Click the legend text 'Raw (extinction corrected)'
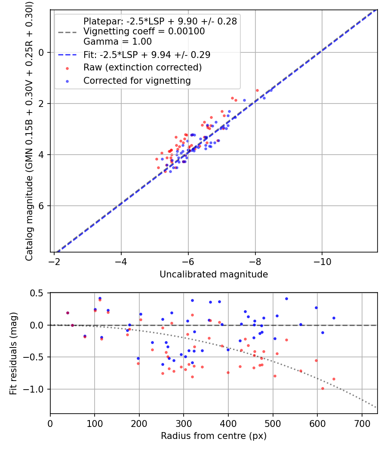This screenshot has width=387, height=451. [x=142, y=67]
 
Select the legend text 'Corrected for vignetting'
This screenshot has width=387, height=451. [x=137, y=80]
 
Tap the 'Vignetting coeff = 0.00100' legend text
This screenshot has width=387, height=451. [x=144, y=31]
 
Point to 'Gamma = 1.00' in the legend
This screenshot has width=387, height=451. [x=117, y=42]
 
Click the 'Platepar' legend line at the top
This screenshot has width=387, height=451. [x=160, y=21]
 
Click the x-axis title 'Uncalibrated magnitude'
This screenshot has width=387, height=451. [x=214, y=274]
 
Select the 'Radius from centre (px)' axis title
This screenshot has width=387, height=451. [x=214, y=436]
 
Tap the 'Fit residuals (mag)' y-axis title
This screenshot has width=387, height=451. [x=13, y=353]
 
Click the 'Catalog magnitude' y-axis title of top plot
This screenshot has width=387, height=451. [x=29, y=131]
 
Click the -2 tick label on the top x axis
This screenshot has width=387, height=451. [x=54, y=262]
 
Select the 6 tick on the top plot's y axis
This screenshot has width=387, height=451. [x=42, y=206]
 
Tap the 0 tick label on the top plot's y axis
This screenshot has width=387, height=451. [x=42, y=52]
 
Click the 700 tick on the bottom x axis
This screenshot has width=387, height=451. [x=362, y=423]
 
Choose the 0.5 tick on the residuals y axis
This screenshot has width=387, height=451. [x=38, y=293]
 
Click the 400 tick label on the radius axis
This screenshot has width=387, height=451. [x=228, y=423]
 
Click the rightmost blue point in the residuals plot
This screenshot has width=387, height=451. [x=334, y=318]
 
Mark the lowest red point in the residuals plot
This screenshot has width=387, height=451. [x=322, y=388]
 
